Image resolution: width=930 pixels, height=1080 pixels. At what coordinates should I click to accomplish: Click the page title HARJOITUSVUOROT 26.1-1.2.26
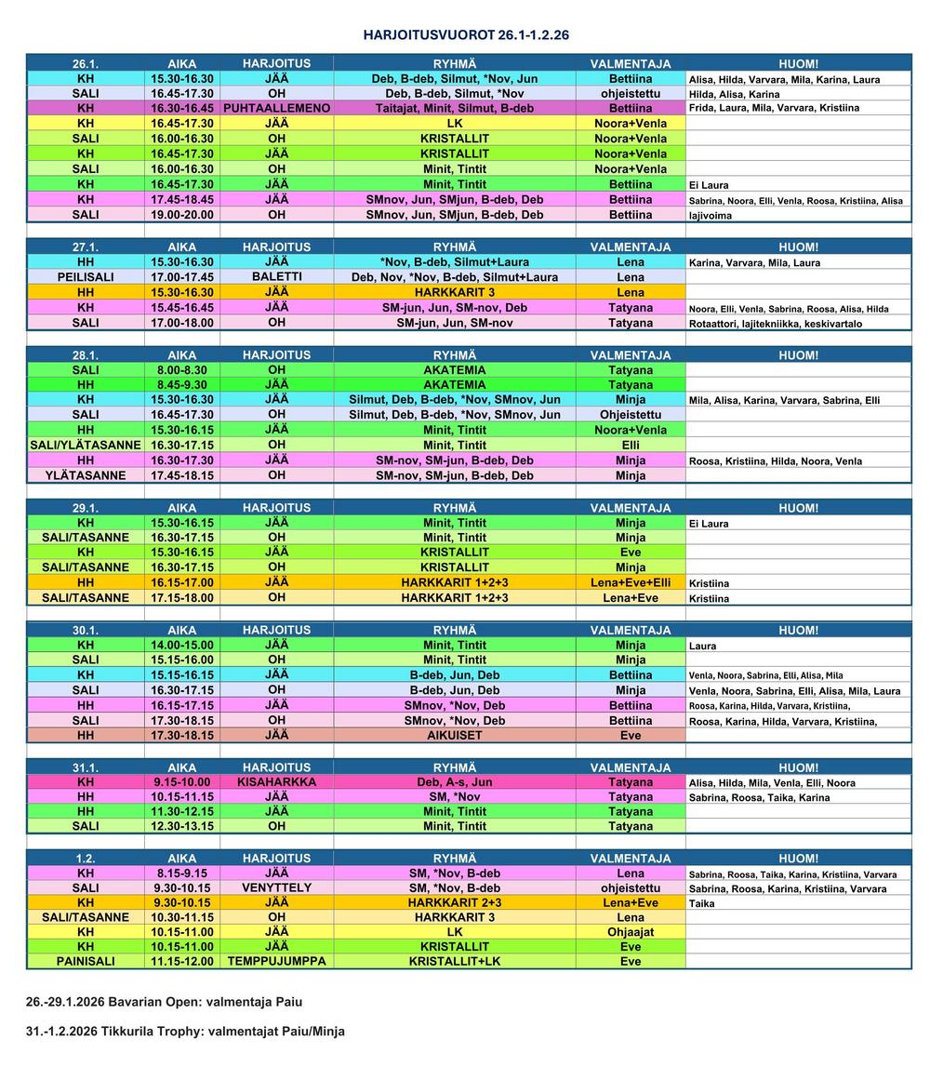[x=466, y=35]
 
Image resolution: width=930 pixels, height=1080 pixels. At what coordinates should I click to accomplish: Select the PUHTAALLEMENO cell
[x=276, y=108]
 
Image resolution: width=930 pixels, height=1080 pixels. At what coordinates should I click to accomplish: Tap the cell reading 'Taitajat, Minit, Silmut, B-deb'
[x=454, y=108]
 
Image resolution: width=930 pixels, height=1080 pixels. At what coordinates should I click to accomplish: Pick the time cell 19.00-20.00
[x=182, y=215]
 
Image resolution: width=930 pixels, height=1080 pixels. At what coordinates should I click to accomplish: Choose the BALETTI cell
[x=276, y=277]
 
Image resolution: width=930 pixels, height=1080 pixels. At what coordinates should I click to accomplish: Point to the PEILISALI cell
[x=86, y=277]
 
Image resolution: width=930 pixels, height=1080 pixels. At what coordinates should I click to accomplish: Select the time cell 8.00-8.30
[x=182, y=370]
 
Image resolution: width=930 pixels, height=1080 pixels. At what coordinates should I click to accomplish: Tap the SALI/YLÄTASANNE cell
[x=86, y=446]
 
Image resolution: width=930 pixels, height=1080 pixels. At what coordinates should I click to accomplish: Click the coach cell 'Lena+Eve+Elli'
[x=630, y=582]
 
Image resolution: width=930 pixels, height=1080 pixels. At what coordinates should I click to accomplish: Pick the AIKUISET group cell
[x=454, y=735]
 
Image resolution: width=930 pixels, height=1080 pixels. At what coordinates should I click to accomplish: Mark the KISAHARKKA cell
[x=276, y=782]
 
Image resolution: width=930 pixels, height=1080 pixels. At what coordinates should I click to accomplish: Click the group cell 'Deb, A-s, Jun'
[x=454, y=782]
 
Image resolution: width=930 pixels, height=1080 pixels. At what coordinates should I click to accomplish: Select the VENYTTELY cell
[x=276, y=888]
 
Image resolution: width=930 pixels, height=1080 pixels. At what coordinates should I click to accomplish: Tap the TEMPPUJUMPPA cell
[x=276, y=961]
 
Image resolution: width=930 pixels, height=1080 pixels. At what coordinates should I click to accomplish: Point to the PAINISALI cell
[x=86, y=961]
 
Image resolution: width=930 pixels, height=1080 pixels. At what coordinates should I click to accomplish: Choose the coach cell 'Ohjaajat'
[x=630, y=931]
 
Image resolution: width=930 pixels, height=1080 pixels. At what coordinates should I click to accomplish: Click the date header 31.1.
[x=86, y=767]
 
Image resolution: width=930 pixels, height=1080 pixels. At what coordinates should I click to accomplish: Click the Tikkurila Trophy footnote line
[x=185, y=1031]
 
